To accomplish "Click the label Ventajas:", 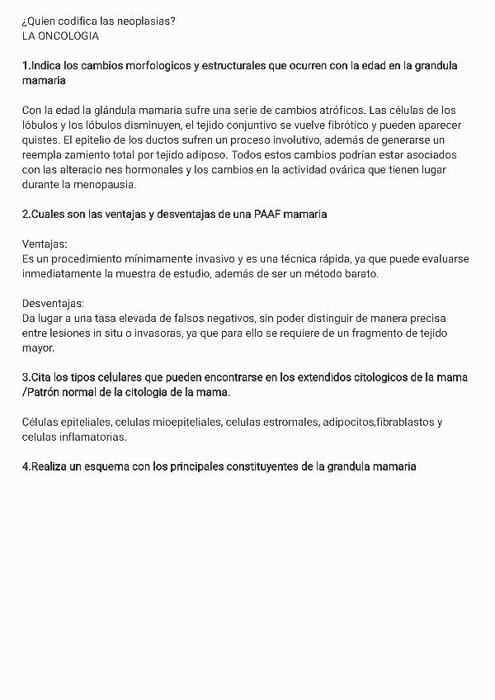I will click(x=45, y=244).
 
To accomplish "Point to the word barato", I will click(x=360, y=274).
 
